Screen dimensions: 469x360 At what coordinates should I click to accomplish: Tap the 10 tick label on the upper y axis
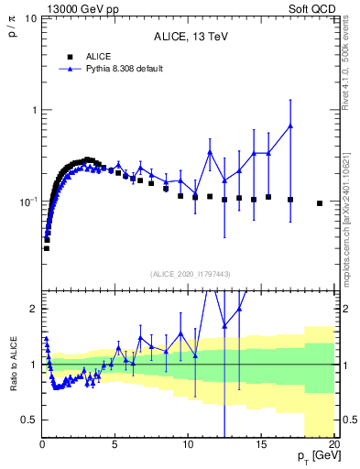29,19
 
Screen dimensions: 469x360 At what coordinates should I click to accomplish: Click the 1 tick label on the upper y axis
32,110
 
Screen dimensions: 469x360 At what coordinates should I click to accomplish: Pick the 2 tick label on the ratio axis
32,309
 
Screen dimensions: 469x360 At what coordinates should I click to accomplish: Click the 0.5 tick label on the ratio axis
27,420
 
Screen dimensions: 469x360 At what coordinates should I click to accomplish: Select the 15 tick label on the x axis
261,445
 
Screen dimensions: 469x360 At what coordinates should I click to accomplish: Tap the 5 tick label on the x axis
115,445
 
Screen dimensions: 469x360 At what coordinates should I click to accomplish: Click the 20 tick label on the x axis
333,445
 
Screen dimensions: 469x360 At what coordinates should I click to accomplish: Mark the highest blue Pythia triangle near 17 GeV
290,125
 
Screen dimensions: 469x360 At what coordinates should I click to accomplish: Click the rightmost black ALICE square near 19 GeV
320,203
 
